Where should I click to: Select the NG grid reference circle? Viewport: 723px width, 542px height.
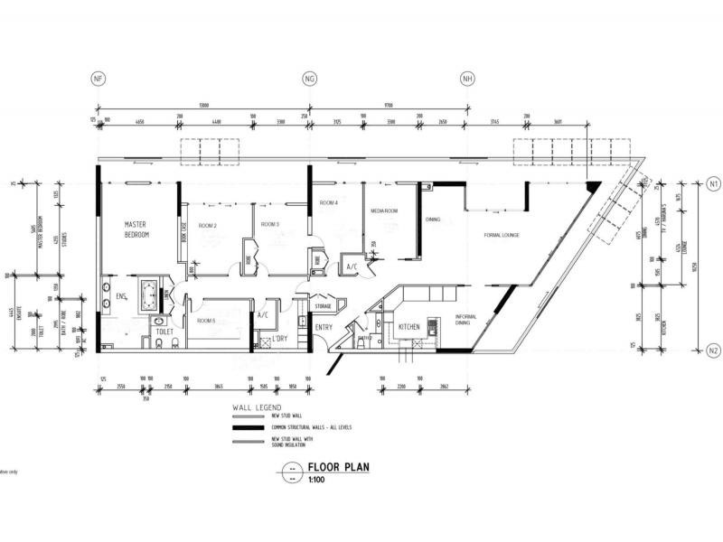point(310,79)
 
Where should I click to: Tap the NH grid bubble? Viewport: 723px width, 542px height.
point(466,79)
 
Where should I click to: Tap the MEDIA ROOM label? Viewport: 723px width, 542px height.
point(384,210)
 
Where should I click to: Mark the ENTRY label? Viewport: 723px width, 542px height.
point(324,327)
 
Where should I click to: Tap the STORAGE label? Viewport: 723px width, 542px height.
point(324,306)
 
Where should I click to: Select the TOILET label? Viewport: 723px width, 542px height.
point(164,331)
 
